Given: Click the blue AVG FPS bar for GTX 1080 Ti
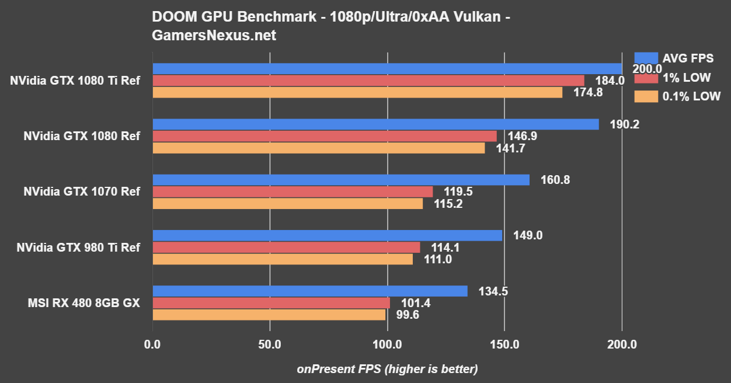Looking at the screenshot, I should (x=385, y=69).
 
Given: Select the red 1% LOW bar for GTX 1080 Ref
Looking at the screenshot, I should (x=324, y=136).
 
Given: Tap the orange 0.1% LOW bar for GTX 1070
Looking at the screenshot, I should (x=287, y=203).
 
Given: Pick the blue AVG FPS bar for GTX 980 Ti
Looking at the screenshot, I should (x=327, y=235).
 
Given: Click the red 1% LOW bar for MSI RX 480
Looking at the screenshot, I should (x=271, y=303).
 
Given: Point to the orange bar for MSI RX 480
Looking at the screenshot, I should (x=269, y=315).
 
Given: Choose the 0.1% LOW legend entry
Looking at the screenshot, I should (x=677, y=96).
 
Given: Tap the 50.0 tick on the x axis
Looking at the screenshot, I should (x=270, y=344).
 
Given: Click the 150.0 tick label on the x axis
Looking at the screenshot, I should (x=504, y=344).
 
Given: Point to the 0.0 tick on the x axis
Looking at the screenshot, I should (x=152, y=344).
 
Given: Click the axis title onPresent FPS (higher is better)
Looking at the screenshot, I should (x=387, y=369).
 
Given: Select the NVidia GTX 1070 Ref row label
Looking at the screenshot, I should (x=82, y=191).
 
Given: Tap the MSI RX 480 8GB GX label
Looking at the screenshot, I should (x=83, y=303).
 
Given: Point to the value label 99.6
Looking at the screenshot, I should (x=407, y=315).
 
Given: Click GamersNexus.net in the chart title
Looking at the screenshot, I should (x=214, y=36).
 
